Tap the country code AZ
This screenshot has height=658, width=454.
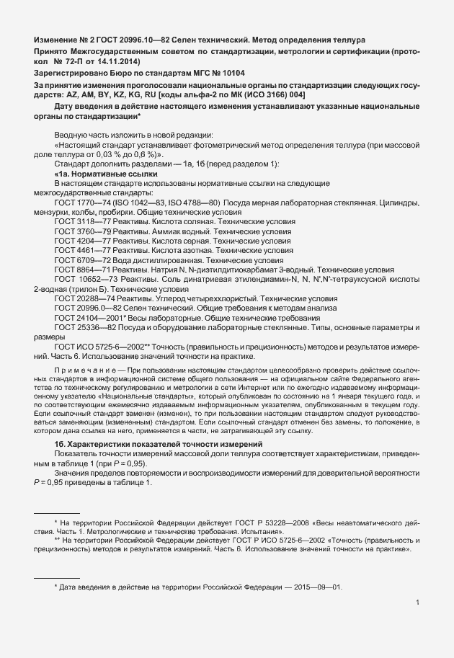[72, 94]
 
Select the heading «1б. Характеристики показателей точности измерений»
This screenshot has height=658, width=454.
[158, 463]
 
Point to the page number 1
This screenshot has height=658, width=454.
[418, 603]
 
